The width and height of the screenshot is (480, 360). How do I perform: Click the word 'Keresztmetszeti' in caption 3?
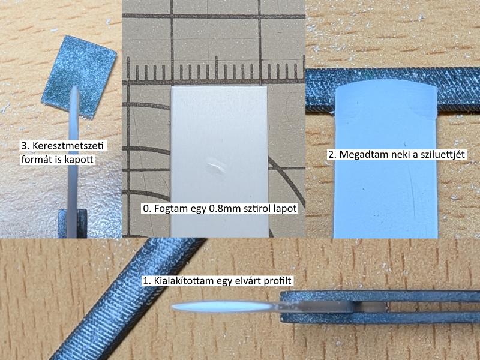click(68, 145)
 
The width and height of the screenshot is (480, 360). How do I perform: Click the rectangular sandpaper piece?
click(79, 77)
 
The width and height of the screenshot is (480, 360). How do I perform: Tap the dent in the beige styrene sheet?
click(216, 166)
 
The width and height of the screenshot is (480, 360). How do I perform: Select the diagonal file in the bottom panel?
click(128, 298)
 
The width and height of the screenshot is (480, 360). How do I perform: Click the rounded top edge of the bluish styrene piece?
click(386, 82)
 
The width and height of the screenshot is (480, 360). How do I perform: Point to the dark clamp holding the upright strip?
click(72, 223)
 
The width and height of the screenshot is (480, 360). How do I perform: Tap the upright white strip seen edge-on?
click(73, 162)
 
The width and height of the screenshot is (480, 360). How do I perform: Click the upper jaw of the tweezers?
click(380, 296)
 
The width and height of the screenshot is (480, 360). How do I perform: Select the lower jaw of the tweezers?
click(380, 317)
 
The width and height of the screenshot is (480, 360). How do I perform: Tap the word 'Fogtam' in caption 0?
click(170, 208)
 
